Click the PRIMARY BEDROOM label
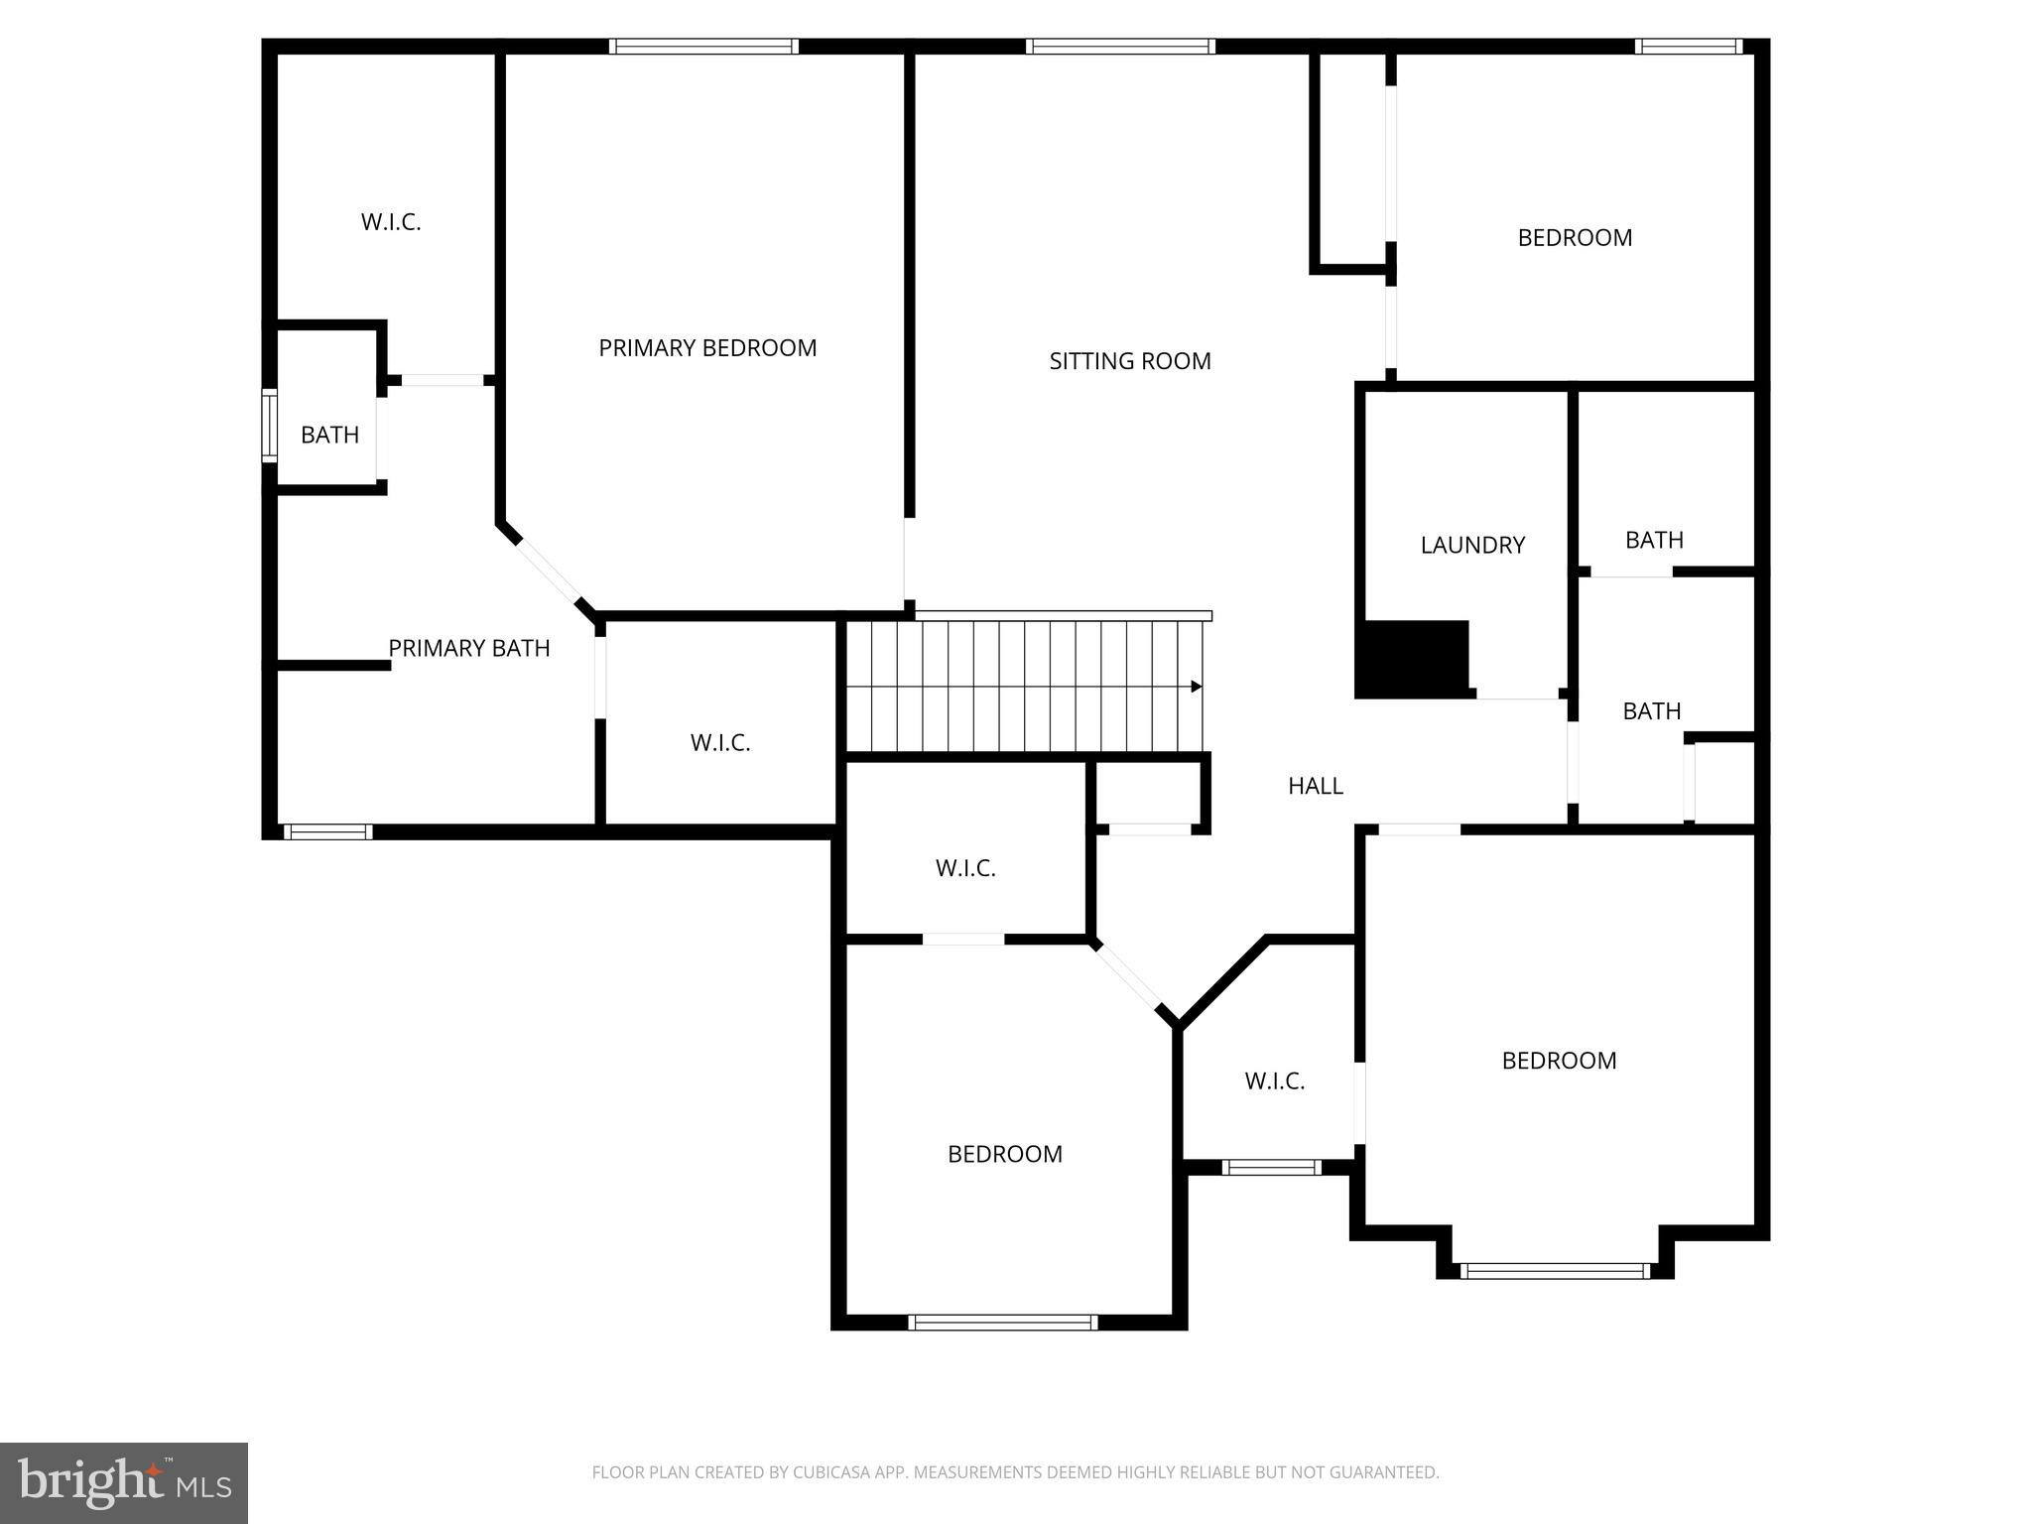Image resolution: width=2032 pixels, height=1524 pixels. coord(707,348)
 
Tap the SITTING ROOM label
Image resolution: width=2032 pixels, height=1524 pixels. coord(1130,361)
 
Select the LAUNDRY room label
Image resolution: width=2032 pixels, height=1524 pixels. coord(1472,545)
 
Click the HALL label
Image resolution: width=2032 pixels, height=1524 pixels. coord(1316,786)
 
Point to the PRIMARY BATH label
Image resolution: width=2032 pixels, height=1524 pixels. coord(468,648)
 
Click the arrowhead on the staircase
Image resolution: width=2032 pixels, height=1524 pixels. coord(1197,687)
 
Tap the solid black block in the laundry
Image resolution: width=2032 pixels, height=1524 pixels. coord(1412,659)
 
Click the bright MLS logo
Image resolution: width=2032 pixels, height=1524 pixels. coord(124,1483)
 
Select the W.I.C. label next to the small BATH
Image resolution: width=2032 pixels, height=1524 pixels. coord(391,222)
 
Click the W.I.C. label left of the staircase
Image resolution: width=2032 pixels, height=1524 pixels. coord(720,742)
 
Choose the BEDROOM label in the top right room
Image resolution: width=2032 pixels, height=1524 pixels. coord(1575,238)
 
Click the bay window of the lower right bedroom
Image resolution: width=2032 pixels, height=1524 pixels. coord(1555,1270)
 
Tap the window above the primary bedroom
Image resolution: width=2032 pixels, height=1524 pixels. coord(703,47)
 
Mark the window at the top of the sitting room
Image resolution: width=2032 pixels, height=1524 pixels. coord(1120,47)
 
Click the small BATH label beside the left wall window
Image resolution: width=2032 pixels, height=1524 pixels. coord(329,435)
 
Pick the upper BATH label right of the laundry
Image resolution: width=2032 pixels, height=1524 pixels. coord(1654,540)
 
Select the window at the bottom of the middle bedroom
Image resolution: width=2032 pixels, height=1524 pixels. coord(1003,1322)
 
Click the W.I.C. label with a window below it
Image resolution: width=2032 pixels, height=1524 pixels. coord(1275,1080)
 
